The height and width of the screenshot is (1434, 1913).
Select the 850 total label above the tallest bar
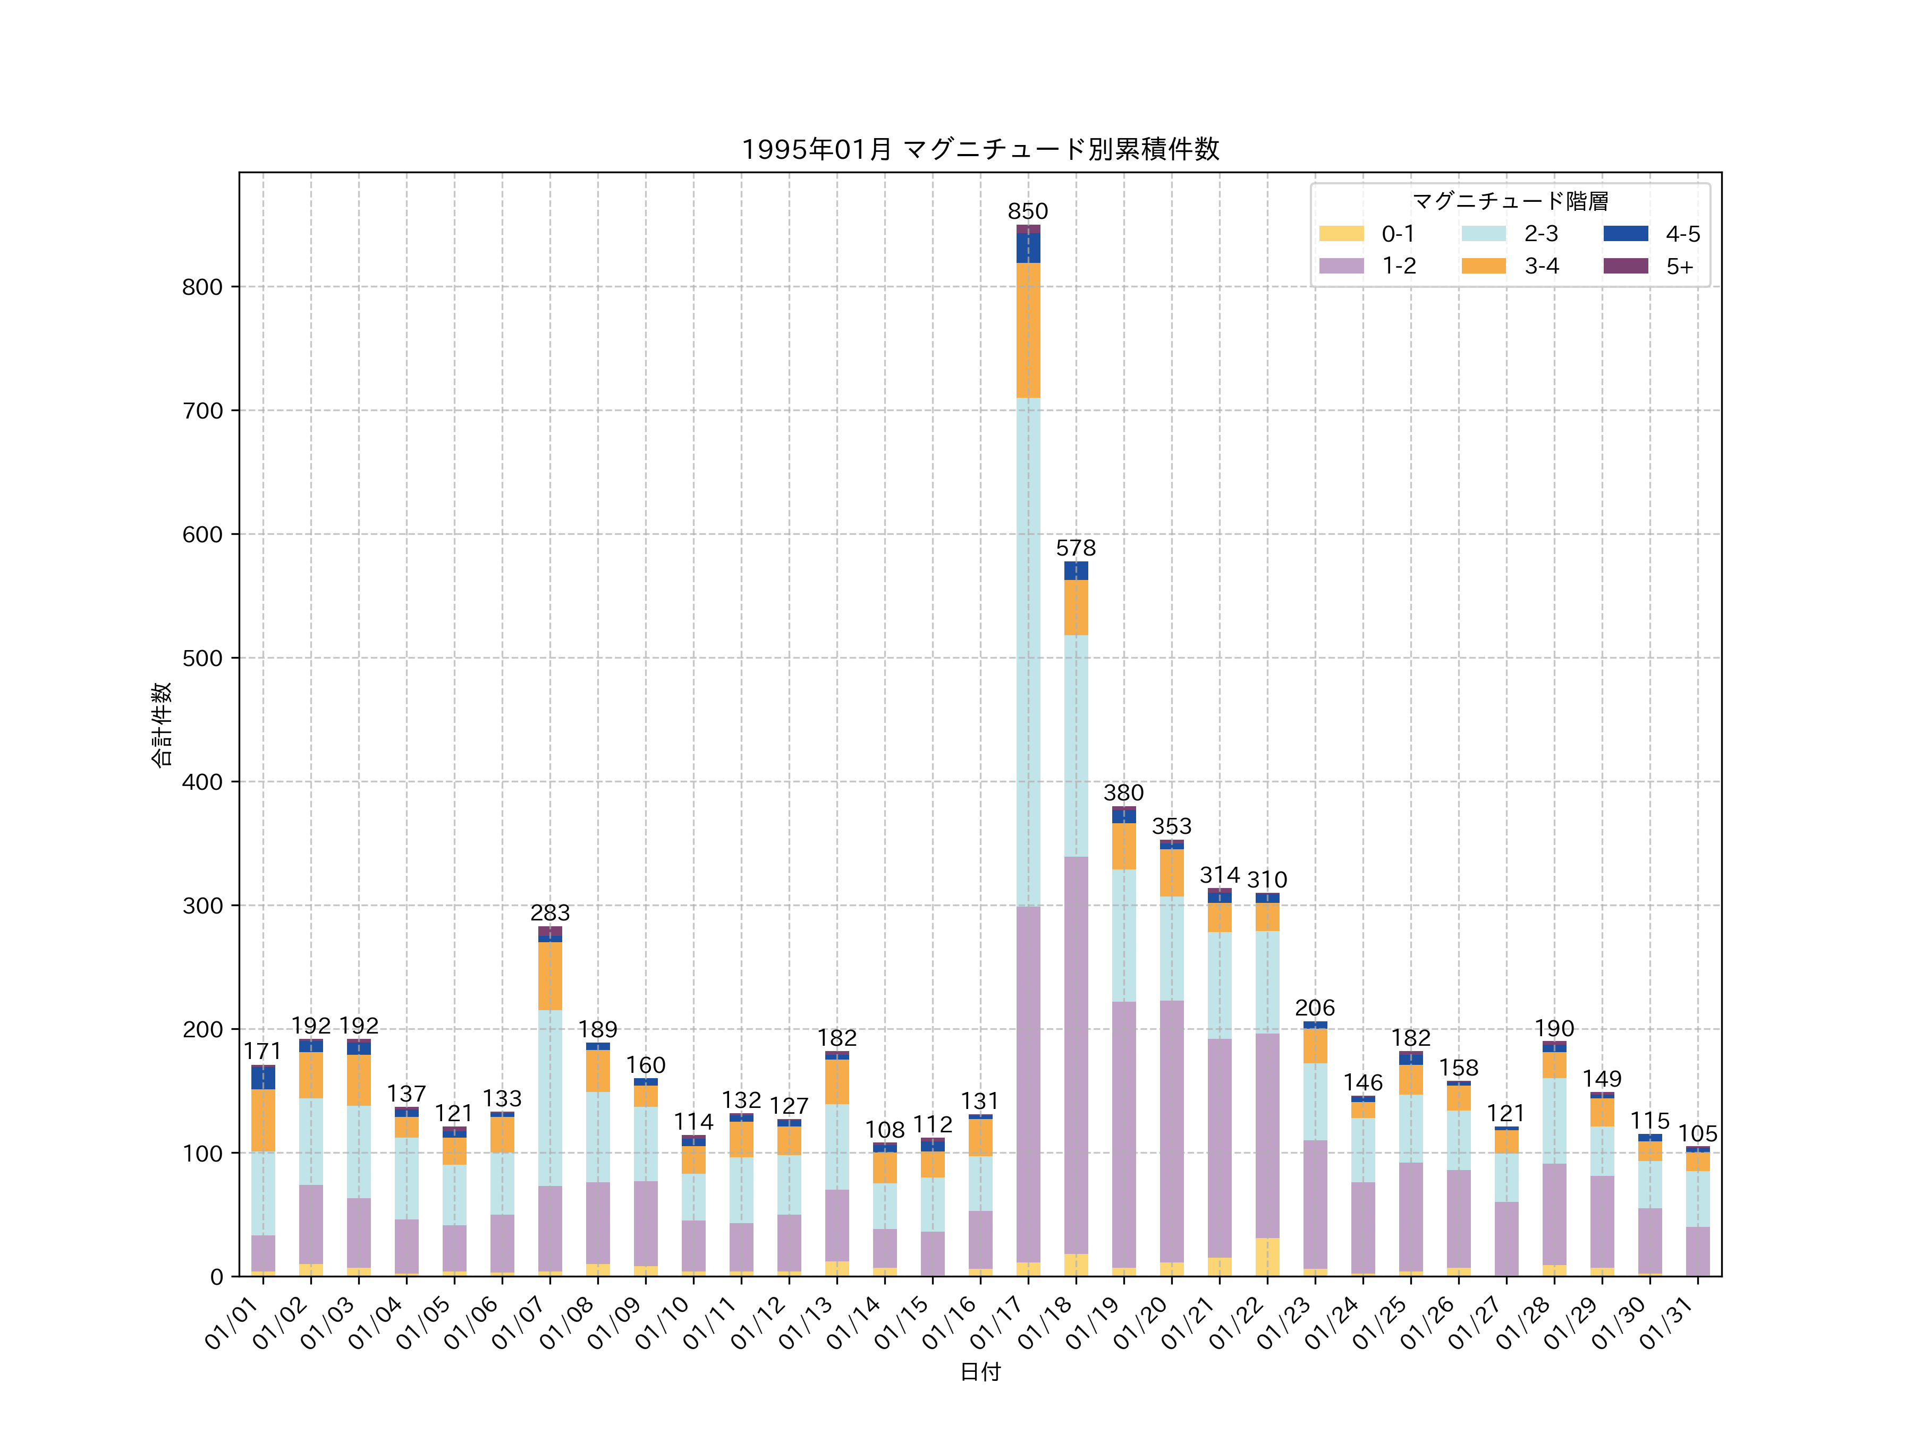1027,212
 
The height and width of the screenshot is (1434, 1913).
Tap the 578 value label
1075,548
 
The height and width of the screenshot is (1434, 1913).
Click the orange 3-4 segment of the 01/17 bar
1027,330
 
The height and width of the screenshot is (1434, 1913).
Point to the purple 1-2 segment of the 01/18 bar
1075,1055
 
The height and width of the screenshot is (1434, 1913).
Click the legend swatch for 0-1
1341,233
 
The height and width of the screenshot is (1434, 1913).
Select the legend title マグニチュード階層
1510,201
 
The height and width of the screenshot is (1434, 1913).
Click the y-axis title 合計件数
162,724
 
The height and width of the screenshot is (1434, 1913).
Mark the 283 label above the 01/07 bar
550,913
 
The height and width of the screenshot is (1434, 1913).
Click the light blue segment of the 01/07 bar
550,1098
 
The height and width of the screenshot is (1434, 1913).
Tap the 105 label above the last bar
1698,1134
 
